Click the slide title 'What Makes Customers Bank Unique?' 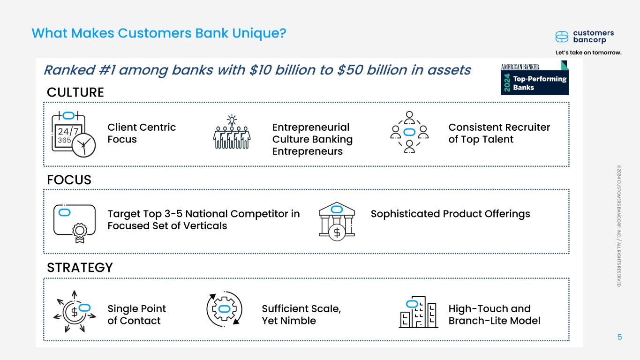coord(158,33)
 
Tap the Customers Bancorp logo coord(584,37)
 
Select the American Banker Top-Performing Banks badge coord(535,78)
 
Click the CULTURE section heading coord(75,93)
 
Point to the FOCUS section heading coord(69,180)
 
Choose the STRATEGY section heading coord(80,268)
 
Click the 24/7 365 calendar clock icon coord(73,133)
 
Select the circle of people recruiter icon coord(409,132)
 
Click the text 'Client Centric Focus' coord(142,133)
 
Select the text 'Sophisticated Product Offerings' coord(450,214)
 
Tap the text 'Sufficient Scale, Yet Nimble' coord(301,315)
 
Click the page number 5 coord(620,337)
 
